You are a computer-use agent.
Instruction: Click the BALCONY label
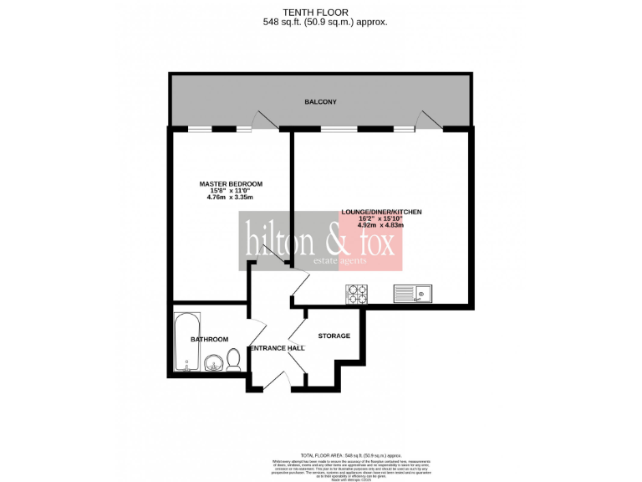(320, 102)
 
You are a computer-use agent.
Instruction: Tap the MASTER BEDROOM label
(231, 184)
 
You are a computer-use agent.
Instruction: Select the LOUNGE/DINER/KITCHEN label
(380, 213)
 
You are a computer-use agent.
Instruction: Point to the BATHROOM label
(209, 339)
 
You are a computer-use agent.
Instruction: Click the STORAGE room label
(334, 336)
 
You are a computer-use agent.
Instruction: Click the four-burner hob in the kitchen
(357, 294)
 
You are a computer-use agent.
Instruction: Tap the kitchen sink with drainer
(413, 293)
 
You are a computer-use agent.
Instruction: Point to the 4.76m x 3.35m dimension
(231, 199)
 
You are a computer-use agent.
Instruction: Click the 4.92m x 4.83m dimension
(380, 225)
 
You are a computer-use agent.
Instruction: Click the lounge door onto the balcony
(429, 120)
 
